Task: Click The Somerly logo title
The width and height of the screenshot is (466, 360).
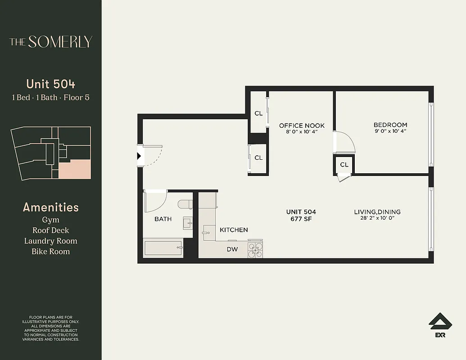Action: coord(50,42)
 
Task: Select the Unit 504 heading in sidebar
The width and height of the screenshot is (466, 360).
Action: coord(50,84)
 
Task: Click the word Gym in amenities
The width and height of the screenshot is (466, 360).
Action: coord(50,220)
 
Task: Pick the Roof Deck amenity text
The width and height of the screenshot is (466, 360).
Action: coord(50,230)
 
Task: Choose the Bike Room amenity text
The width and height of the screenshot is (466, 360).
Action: coord(50,251)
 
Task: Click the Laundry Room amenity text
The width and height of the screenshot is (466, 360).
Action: coord(50,241)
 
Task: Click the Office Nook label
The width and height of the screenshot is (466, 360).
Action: coord(301,126)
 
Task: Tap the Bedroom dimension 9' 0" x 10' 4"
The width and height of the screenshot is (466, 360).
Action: coord(390,131)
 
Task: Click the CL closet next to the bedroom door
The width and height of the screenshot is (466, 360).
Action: coord(344,165)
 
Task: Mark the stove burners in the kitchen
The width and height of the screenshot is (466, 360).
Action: coord(255,250)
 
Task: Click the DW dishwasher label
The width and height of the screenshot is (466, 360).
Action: coord(232,249)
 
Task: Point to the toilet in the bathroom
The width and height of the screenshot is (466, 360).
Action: coord(185,205)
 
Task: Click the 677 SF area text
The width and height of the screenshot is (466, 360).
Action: coord(301,219)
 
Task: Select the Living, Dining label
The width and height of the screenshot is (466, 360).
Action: coord(377,212)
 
